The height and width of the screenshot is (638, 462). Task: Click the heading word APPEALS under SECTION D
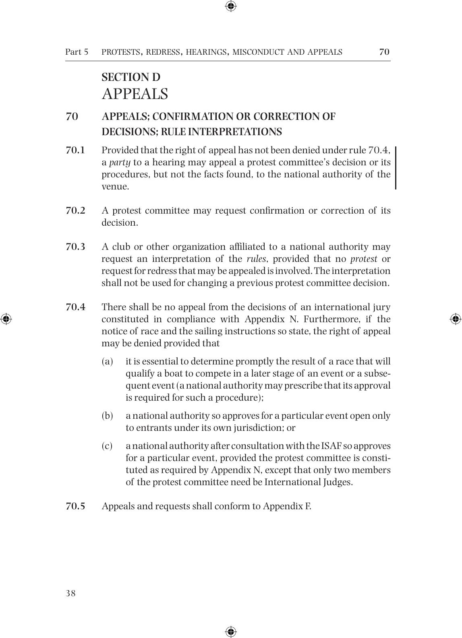pyautogui.click(x=135, y=94)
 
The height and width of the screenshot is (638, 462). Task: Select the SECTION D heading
pyautogui.click(x=131, y=77)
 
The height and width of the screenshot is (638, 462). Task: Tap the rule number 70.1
pyautogui.click(x=75, y=150)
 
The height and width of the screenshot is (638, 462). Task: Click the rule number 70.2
pyautogui.click(x=75, y=211)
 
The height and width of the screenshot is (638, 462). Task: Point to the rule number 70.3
pyautogui.click(x=75, y=247)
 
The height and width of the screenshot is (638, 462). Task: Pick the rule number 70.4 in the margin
pyautogui.click(x=75, y=307)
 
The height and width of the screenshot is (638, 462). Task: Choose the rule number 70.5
pyautogui.click(x=75, y=506)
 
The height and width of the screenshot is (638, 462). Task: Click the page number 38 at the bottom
pyautogui.click(x=70, y=593)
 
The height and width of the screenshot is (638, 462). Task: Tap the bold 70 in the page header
pyautogui.click(x=384, y=51)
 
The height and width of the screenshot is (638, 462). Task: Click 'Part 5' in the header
pyautogui.click(x=77, y=52)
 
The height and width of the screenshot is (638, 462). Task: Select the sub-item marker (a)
pyautogui.click(x=107, y=362)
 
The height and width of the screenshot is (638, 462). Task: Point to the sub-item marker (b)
pyautogui.click(x=107, y=416)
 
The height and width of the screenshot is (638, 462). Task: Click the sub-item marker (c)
pyautogui.click(x=107, y=446)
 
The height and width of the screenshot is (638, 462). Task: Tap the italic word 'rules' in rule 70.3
pyautogui.click(x=256, y=259)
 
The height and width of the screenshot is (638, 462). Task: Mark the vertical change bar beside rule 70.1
pyautogui.click(x=396, y=168)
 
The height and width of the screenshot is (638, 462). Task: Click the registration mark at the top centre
pyautogui.click(x=231, y=6)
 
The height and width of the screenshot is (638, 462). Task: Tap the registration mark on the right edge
pyautogui.click(x=456, y=319)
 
